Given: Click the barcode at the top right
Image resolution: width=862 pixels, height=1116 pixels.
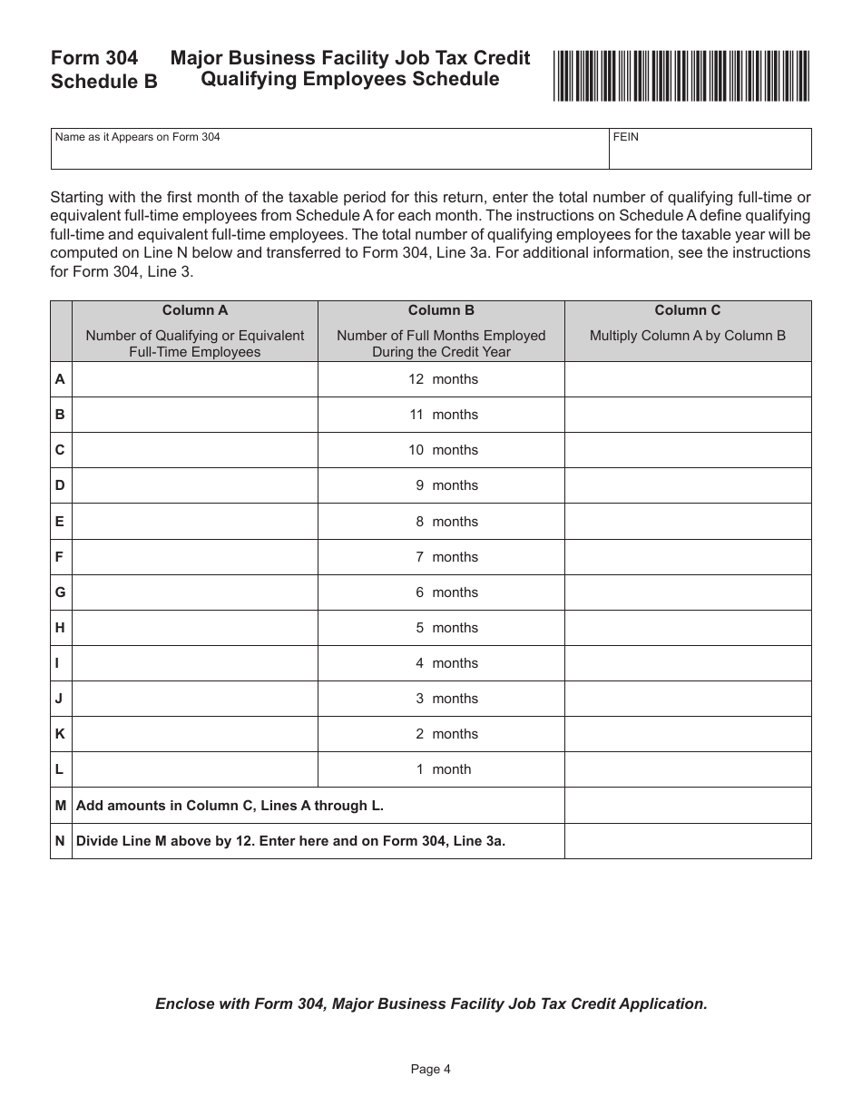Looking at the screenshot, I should (681, 76).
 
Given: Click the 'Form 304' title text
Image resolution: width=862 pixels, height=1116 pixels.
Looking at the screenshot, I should (94, 58).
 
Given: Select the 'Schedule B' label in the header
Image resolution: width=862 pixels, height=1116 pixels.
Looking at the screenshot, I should (103, 82).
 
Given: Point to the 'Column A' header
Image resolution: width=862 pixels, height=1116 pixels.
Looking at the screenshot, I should (194, 310).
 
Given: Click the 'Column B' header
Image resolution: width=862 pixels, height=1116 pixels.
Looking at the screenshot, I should (441, 310).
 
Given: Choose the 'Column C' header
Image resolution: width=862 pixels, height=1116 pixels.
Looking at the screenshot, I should (687, 310).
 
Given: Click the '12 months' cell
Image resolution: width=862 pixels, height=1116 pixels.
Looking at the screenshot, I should (442, 379).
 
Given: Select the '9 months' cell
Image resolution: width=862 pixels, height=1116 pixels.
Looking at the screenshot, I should (442, 485).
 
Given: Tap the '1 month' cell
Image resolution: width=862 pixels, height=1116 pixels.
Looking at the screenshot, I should (442, 769).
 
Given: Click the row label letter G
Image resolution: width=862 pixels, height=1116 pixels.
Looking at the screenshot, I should (60, 592).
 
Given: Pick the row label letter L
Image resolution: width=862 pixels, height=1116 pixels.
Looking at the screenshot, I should (60, 769).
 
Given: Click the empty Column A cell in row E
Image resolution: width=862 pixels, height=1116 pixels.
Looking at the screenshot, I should (194, 522).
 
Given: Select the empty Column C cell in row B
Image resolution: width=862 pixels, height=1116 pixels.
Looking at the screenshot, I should (687, 415).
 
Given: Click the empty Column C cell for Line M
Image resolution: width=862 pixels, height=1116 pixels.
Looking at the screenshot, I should (687, 805).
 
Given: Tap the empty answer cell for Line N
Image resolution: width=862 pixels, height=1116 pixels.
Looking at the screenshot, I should (687, 841).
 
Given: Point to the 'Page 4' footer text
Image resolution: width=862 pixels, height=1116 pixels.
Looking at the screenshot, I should (430, 1069).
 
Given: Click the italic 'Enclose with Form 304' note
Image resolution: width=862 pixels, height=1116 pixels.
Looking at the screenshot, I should (430, 1003).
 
